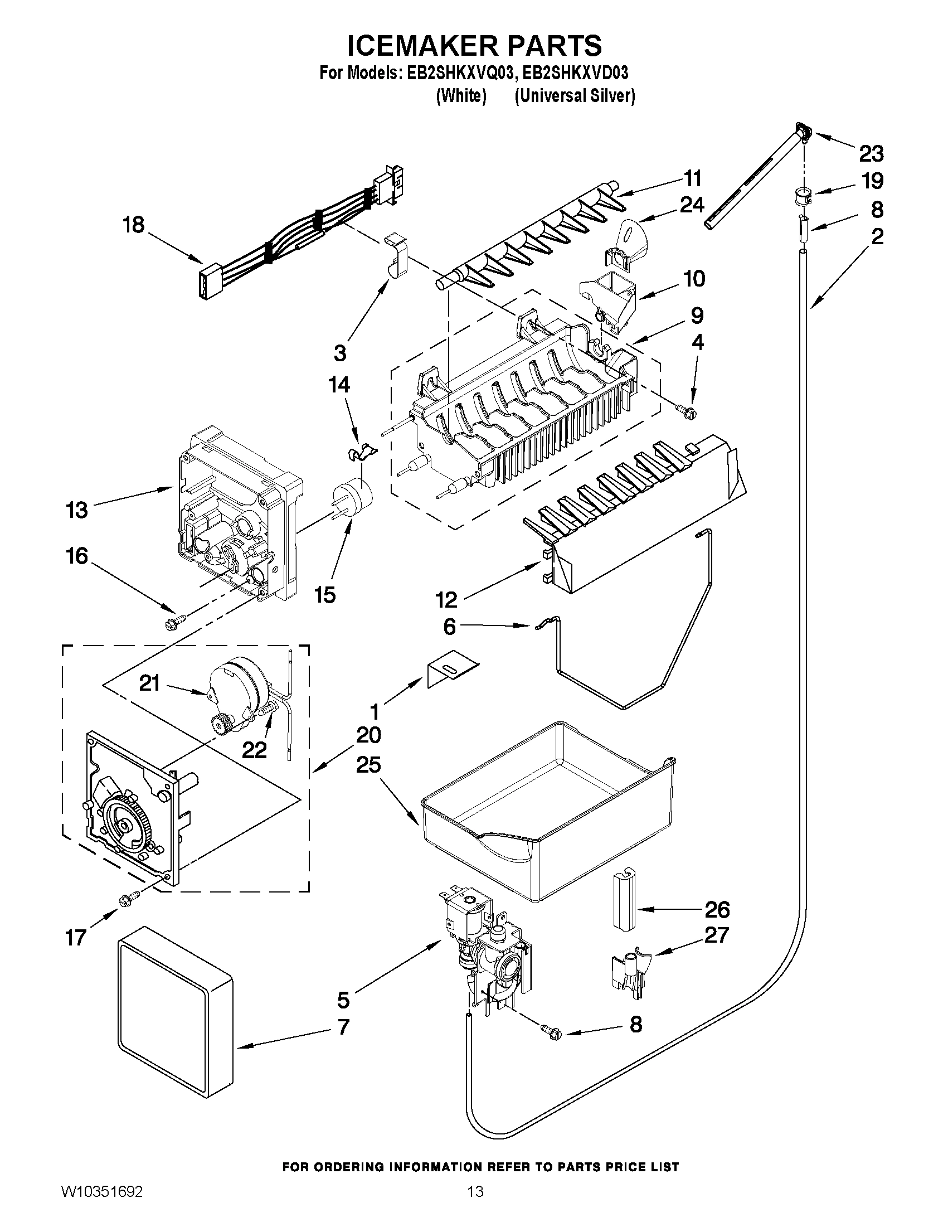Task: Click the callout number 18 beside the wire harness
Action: pos(134,225)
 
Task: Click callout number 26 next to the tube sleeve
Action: pos(717,909)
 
